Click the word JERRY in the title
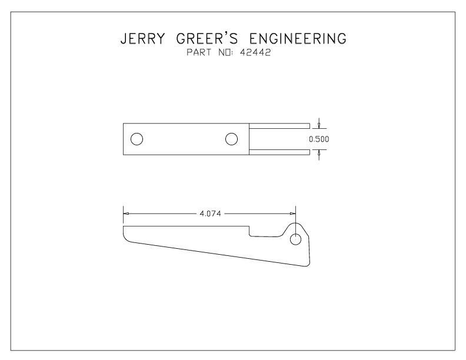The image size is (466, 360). [x=142, y=39]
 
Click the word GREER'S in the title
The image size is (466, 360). [x=207, y=38]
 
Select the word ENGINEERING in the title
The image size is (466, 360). [x=298, y=39]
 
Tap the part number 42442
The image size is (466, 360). [x=255, y=52]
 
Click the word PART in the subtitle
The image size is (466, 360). [x=199, y=52]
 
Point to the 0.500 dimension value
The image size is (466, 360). [x=319, y=139]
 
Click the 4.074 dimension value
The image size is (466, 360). [x=211, y=214]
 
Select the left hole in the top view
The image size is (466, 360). [x=137, y=139]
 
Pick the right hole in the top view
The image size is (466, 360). [x=231, y=139]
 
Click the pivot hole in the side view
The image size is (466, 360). [x=295, y=239]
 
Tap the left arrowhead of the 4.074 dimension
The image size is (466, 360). [x=126, y=214]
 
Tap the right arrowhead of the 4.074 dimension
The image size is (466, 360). [x=293, y=214]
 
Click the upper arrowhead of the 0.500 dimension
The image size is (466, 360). [x=319, y=126]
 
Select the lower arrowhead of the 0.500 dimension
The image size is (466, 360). [x=319, y=152]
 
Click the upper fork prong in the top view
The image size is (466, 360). [x=279, y=126]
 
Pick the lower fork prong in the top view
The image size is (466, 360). [x=279, y=152]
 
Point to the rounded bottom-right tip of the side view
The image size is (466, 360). [x=307, y=265]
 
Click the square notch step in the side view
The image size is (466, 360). [x=249, y=232]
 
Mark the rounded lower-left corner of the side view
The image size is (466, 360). [x=126, y=238]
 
